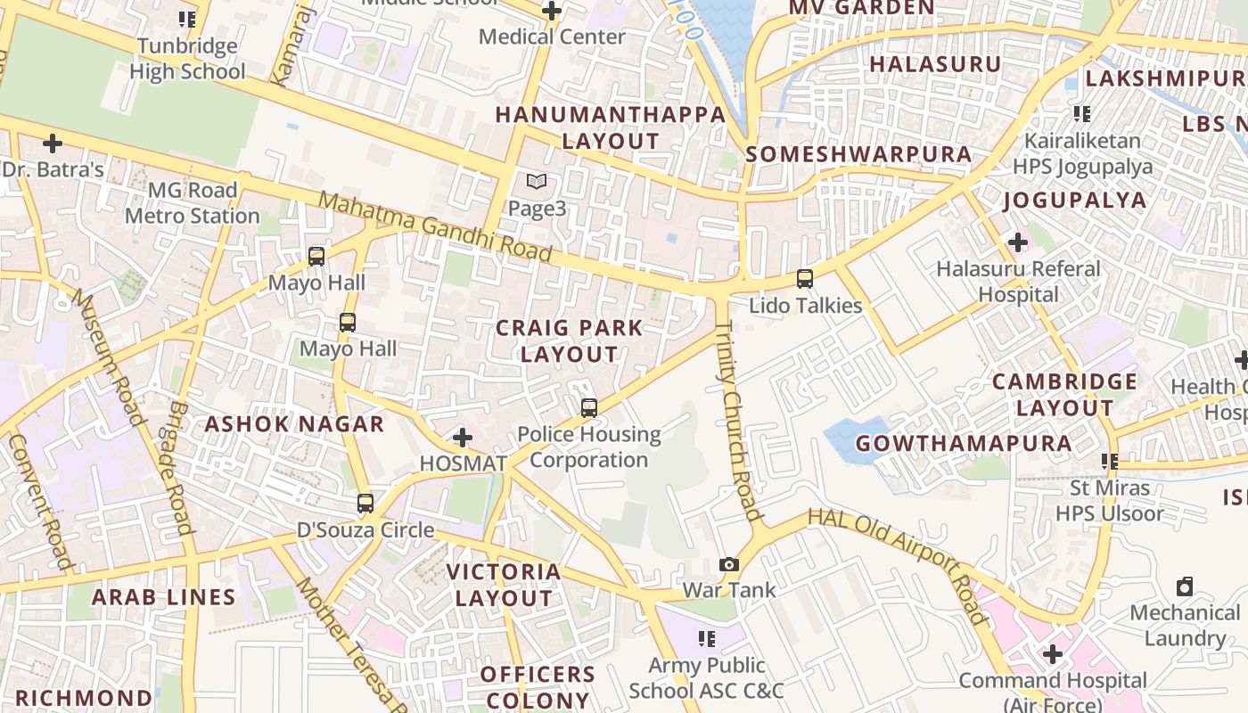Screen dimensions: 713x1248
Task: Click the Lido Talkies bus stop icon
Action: coord(805,279)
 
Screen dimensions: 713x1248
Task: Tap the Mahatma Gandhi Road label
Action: coord(436,226)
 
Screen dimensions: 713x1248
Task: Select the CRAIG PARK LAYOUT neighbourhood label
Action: coord(569,340)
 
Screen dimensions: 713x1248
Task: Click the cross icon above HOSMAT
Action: coord(463,438)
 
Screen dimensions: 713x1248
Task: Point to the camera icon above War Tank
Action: coord(729,564)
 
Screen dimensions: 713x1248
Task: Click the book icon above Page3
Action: coord(536,182)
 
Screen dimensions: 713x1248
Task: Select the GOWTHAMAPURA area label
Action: coord(964,443)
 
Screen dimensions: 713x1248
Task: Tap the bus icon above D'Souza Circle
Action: coord(365,504)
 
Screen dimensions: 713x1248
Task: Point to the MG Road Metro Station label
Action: coord(193,203)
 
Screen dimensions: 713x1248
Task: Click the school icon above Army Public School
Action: coord(707,638)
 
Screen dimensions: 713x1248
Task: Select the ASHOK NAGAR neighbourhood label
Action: coord(294,423)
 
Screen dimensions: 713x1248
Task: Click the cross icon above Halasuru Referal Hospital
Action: coord(1017,242)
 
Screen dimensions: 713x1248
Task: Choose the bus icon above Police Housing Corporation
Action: coord(589,408)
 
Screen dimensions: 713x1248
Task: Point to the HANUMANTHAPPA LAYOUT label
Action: coord(611,127)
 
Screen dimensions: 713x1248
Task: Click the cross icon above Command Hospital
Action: coord(1053,654)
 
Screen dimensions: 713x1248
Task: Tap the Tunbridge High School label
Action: coord(187,59)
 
